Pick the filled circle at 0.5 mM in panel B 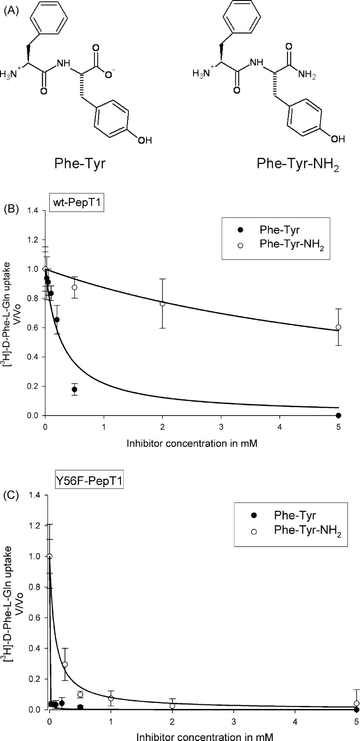74,389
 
